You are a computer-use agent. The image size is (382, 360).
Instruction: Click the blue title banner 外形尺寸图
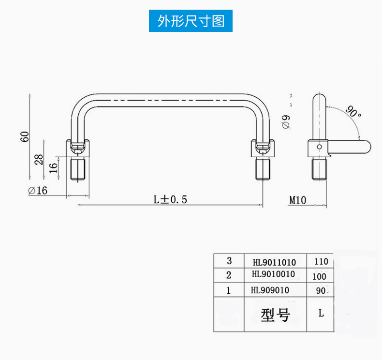pos(191,22)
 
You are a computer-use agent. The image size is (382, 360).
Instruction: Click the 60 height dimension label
pos(25,136)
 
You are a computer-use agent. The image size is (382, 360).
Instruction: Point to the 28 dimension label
pos(39,159)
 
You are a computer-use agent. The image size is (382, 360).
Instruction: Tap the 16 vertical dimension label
pos(53,167)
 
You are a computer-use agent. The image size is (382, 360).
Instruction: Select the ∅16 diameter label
pos(38,191)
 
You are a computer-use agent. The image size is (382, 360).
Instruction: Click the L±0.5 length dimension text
pos(170,199)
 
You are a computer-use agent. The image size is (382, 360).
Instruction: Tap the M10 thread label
pos(298,199)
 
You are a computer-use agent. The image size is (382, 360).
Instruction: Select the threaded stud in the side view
pos(319,169)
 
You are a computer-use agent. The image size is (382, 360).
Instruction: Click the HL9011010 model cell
pos(274,262)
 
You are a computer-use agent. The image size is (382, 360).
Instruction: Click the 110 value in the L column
pos(321,262)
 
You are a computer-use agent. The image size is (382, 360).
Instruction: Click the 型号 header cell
pos(275,315)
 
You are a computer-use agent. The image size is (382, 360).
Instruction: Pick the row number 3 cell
pos(229,261)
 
